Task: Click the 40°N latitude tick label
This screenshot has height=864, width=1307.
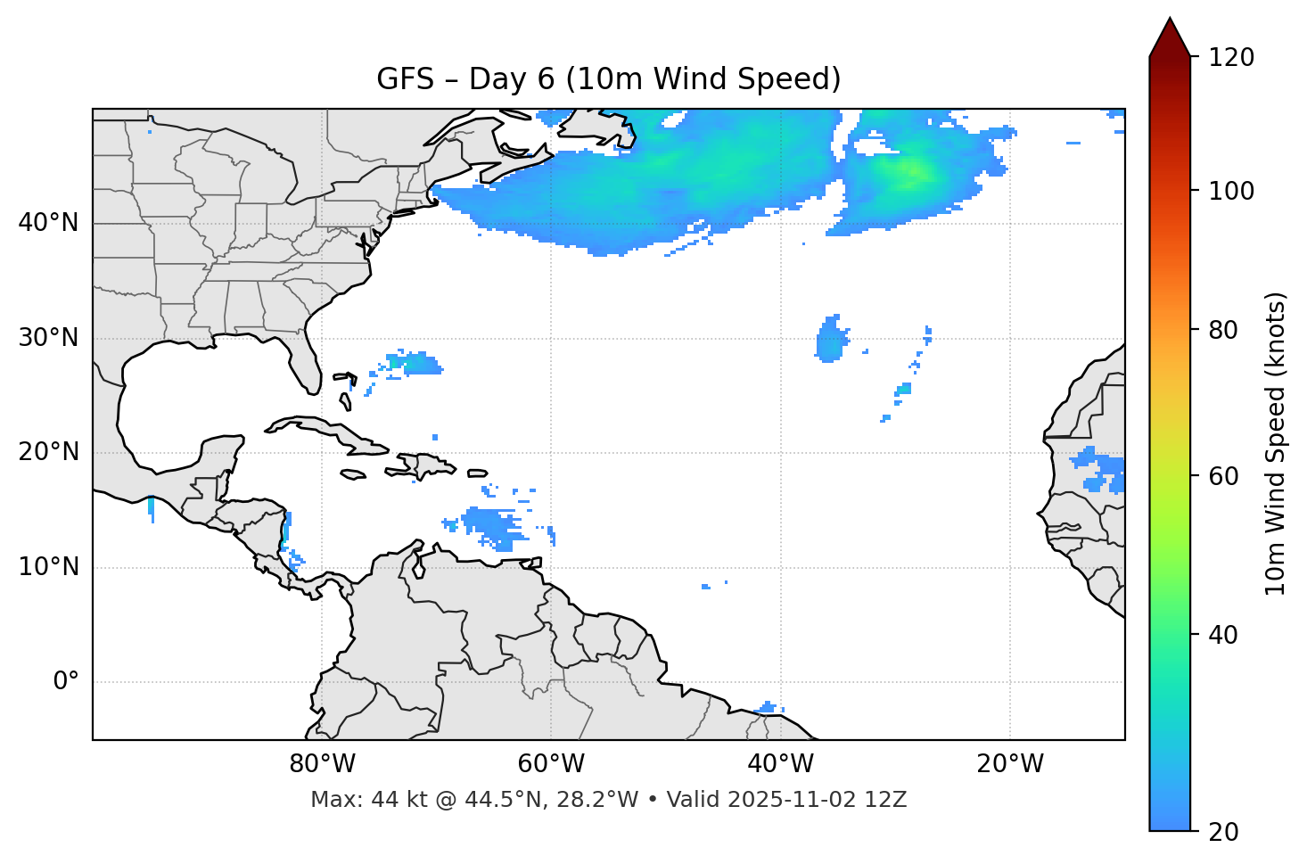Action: [48, 223]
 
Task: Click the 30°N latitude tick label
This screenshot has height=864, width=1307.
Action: [48, 338]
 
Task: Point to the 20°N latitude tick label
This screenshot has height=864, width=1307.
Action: [48, 452]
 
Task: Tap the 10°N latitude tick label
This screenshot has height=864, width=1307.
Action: [48, 567]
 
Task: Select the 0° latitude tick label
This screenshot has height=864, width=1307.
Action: [65, 682]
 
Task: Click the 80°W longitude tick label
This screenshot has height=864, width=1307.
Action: [322, 764]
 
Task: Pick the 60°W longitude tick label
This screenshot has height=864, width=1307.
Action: [551, 764]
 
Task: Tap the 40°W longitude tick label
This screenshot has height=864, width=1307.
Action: [780, 764]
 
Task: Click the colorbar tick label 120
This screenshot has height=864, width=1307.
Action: [1231, 58]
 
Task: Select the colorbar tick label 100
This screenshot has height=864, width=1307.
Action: [1231, 191]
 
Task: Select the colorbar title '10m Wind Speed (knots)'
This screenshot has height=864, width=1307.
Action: [1275, 443]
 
